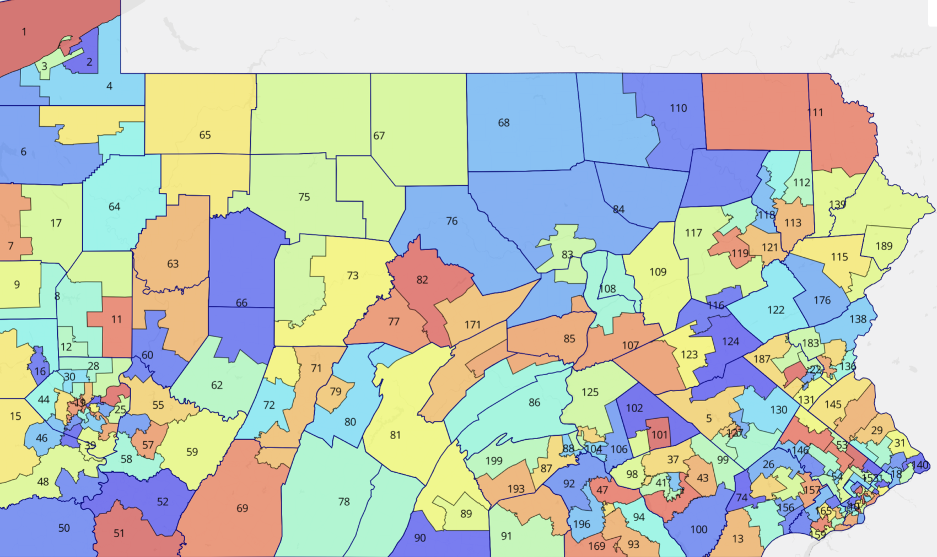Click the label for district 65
[205, 135]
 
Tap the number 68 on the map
[504, 123]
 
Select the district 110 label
[678, 108]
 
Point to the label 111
[815, 112]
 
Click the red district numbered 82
[422, 280]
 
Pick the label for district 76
[451, 221]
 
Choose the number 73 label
[353, 275]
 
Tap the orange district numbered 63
[173, 264]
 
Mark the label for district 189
[884, 246]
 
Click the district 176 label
[822, 300]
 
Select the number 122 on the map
[776, 310]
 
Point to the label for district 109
[658, 272]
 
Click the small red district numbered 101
[659, 435]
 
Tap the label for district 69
[243, 508]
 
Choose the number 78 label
[344, 502]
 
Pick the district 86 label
[534, 403]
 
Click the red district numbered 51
[119, 533]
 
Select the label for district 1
[24, 32]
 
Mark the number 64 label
[114, 207]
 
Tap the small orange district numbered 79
[336, 392]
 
